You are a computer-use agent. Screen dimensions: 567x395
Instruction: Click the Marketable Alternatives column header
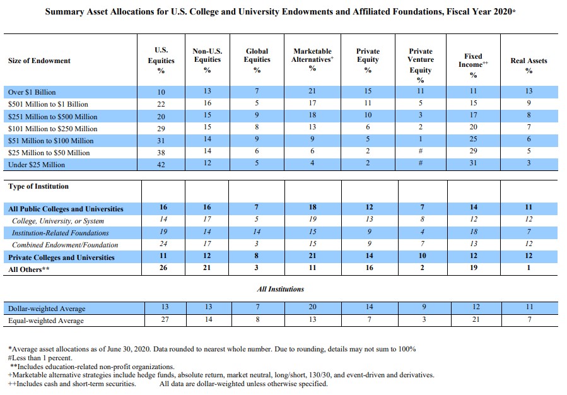[x=312, y=60]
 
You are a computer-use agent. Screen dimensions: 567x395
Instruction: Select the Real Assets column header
[x=529, y=65]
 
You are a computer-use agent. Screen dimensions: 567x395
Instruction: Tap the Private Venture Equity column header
[x=421, y=65]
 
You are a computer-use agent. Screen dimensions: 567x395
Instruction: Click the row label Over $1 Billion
[x=32, y=92]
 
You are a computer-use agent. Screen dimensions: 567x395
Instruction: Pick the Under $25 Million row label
[x=37, y=165]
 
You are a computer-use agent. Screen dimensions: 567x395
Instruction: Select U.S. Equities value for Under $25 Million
[x=161, y=165]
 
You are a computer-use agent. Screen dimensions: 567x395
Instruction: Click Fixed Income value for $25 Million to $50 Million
[x=473, y=151]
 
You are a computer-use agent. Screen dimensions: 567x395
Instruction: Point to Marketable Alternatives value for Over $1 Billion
[x=312, y=91]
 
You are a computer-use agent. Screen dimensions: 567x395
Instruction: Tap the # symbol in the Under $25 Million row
[x=421, y=163]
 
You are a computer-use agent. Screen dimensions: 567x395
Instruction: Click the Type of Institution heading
[x=38, y=186]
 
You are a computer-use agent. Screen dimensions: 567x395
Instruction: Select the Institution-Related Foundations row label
[x=60, y=233]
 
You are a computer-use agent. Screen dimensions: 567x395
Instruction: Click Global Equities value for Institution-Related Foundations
[x=257, y=232]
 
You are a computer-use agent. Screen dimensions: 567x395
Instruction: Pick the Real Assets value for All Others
[x=529, y=268]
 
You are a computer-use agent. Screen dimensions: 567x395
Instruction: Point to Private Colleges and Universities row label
[x=61, y=257]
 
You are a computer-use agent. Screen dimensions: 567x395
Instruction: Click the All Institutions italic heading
[x=281, y=289]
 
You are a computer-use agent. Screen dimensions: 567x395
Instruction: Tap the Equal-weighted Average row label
[x=46, y=321]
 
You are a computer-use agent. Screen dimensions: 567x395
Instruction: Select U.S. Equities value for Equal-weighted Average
[x=165, y=319]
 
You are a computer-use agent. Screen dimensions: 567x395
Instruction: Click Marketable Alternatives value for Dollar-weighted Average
[x=312, y=307]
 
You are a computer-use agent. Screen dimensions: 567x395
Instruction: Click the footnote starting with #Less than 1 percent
[x=40, y=358]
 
